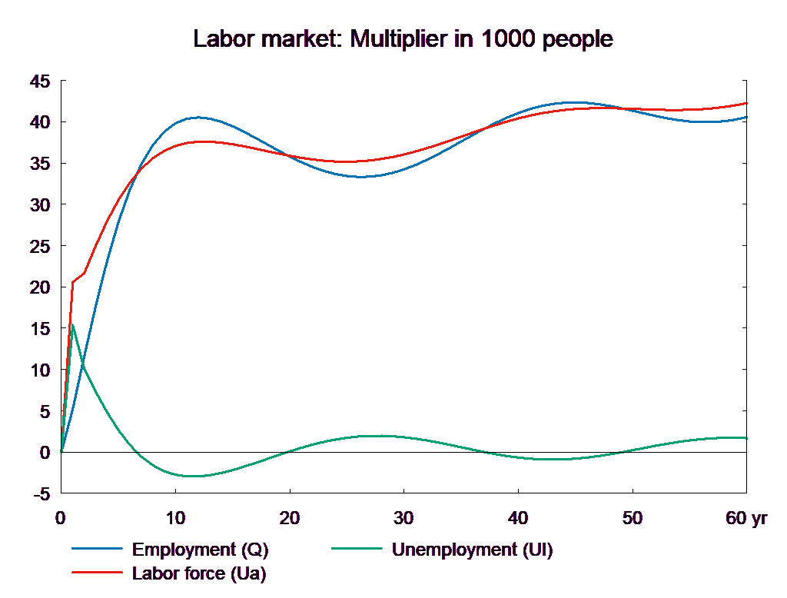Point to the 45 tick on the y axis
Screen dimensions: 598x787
coord(39,81)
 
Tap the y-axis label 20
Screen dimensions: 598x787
coord(39,287)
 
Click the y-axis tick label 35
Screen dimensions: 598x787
coord(39,164)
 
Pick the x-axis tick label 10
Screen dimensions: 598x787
coord(175,518)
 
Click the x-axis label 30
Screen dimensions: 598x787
coord(403,518)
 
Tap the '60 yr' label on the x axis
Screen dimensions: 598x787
coord(746,518)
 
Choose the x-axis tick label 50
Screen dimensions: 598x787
coord(632,518)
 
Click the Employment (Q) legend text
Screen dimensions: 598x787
coord(201,550)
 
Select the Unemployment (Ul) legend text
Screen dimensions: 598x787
coord(472,550)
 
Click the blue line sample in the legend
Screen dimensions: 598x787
coord(98,550)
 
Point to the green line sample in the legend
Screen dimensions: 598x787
coord(357,550)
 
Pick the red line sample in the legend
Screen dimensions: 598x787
coord(98,573)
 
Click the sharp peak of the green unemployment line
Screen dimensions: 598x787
coord(72,324)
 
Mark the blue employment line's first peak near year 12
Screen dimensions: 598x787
coord(198,118)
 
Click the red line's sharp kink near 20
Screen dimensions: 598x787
coord(73,282)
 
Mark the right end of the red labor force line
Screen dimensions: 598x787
coord(746,103)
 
